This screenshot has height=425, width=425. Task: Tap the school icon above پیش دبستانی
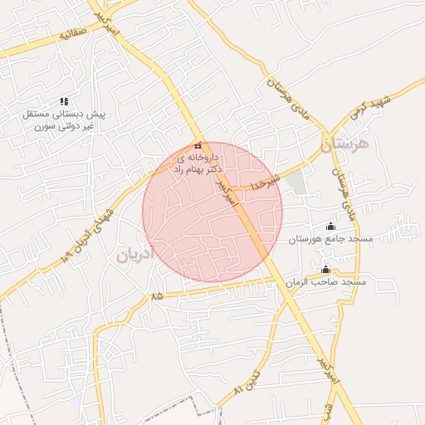tap(65, 101)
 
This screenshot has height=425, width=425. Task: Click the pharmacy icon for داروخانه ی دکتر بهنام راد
tap(198, 147)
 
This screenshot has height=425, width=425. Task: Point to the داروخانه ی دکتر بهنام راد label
tap(196, 162)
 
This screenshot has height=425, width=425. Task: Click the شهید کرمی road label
tap(393, 103)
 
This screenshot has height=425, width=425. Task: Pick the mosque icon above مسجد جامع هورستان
tap(331, 227)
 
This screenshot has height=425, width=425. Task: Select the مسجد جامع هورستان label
tap(331, 239)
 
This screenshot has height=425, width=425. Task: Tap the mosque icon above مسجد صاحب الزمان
tap(325, 269)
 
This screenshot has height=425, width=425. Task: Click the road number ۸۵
tap(158, 296)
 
